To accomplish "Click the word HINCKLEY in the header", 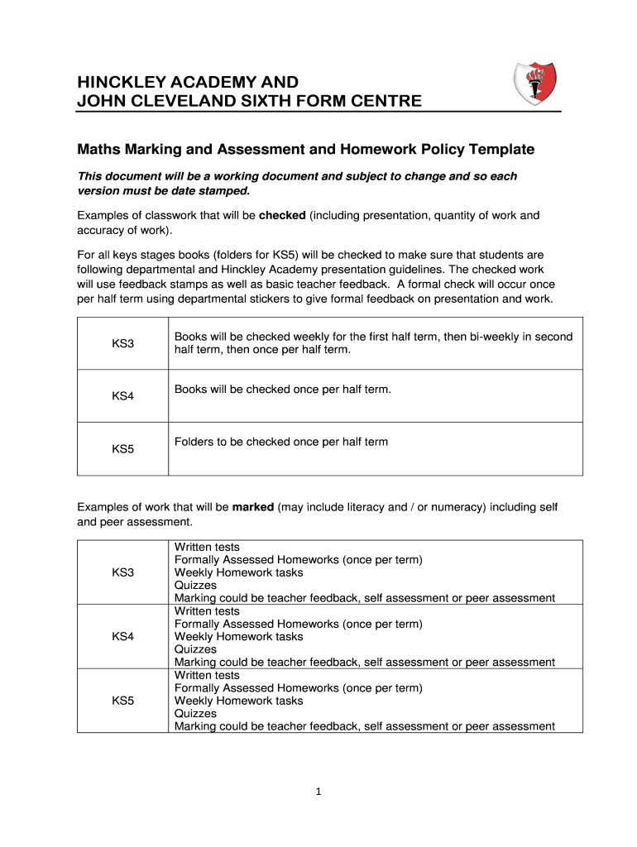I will coord(121,83).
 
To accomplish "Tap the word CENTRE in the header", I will coord(386,102).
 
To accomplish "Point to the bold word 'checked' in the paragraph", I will coord(282,216).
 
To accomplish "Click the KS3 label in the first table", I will coord(122,343).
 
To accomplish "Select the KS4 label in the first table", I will coord(122,396).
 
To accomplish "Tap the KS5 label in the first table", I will coord(122,449).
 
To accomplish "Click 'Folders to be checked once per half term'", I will coord(280,442).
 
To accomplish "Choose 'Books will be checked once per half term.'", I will coord(282,389).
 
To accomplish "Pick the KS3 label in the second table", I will coord(122,572).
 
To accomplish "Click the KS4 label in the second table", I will coord(122,636).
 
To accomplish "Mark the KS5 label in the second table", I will coord(122,701).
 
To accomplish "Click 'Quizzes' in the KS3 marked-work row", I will coord(195,586).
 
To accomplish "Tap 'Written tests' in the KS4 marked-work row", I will coord(207,611).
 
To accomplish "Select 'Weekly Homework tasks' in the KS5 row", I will coord(238,701).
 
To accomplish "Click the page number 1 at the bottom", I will coord(318,792).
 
